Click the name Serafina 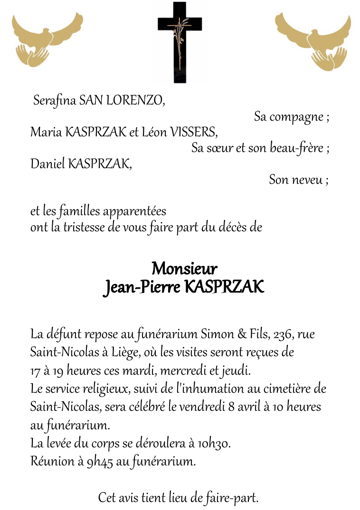[54, 101]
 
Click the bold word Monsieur [184, 269]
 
